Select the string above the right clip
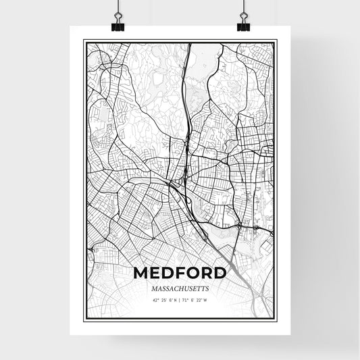click(243, 8)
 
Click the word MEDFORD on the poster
click(180, 273)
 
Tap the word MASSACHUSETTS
click(180, 288)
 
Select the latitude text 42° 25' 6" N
click(164, 300)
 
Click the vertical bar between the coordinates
click(180, 300)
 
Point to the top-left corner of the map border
click(84, 41)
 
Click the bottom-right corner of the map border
click(276, 318)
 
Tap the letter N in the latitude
click(175, 300)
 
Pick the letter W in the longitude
click(206, 300)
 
